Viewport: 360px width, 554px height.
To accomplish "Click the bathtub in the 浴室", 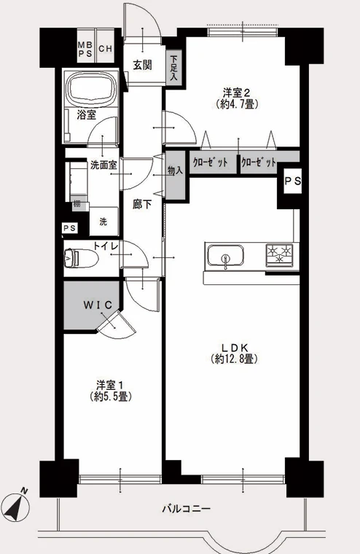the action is (92, 89).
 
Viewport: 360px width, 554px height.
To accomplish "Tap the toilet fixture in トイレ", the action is (81, 258).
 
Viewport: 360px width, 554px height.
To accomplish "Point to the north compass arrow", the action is (17, 506).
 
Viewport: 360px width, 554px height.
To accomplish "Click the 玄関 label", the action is (142, 66).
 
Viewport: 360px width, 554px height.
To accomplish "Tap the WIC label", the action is (98, 305).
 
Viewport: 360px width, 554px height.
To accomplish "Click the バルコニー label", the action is (186, 509).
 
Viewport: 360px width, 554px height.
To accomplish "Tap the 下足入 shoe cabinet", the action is (174, 68).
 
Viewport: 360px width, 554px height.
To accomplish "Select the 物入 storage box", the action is (176, 175).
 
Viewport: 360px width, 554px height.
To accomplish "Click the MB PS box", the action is (86, 46).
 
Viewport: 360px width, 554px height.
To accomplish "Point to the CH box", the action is (105, 46).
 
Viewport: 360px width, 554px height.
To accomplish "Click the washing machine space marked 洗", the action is (103, 221).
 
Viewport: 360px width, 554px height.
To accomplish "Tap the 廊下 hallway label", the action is (142, 204).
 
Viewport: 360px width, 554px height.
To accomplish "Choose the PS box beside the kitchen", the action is (293, 182).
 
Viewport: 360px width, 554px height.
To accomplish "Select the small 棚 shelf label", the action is (77, 204).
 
